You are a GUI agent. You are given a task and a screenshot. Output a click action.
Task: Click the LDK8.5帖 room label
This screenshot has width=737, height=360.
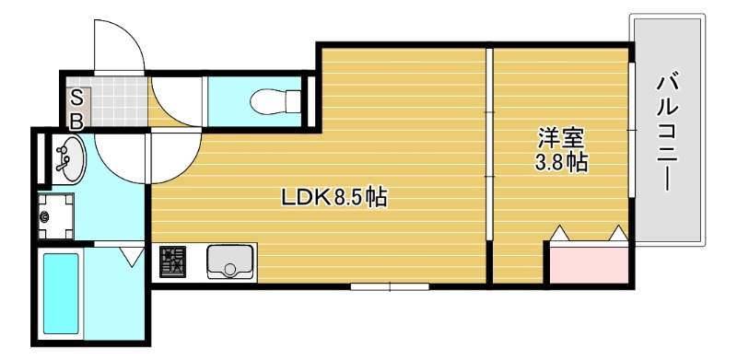point(333,196)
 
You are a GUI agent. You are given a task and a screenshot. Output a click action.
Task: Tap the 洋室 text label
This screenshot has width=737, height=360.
point(561,139)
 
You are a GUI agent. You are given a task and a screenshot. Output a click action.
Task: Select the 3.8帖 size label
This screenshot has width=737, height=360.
point(561,164)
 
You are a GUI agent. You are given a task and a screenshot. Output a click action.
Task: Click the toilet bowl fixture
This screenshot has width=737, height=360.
point(275,99)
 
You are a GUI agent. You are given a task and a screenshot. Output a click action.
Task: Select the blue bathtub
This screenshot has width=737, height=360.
point(62,292)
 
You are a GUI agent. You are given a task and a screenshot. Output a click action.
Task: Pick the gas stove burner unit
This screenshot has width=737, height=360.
point(174,262)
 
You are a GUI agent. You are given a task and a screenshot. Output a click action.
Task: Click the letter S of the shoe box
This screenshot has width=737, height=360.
point(77,97)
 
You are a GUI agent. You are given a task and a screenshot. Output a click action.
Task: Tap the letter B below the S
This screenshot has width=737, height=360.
point(77,120)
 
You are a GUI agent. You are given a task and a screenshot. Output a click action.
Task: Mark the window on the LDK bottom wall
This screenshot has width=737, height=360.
point(390,286)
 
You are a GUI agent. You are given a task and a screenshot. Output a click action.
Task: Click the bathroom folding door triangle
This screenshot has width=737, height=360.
point(132,252)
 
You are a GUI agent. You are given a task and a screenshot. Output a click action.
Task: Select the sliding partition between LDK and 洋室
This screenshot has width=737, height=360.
point(490,166)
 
